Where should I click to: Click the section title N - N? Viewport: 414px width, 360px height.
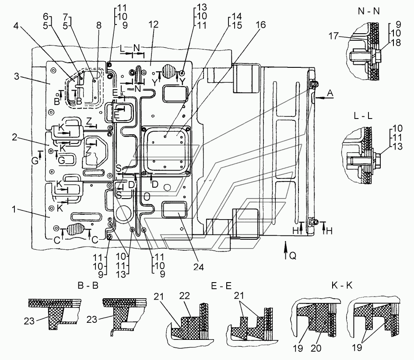tap(368, 11)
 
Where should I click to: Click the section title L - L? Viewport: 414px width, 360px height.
tap(363, 116)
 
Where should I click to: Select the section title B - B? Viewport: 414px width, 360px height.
tap(88, 286)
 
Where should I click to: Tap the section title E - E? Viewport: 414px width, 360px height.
tap(221, 286)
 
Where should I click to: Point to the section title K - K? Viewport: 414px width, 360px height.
tap(342, 285)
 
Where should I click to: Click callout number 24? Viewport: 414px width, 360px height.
tap(199, 267)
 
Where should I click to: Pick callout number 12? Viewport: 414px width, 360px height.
tap(154, 24)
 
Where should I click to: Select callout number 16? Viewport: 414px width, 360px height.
tap(260, 25)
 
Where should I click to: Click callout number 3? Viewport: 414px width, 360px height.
tap(17, 77)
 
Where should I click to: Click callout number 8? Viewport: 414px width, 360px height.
tap(99, 25)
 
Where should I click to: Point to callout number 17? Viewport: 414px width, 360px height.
tap(333, 35)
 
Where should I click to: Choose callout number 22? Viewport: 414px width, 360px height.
tap(185, 296)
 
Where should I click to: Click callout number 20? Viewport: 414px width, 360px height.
tap(316, 348)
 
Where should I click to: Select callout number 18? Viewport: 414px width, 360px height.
tap(396, 42)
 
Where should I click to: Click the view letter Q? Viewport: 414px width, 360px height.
tap(292, 255)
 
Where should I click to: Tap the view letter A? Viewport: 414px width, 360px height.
tap(330, 93)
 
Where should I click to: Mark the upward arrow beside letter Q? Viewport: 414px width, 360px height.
tap(285, 250)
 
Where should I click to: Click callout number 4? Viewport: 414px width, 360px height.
tap(16, 26)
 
